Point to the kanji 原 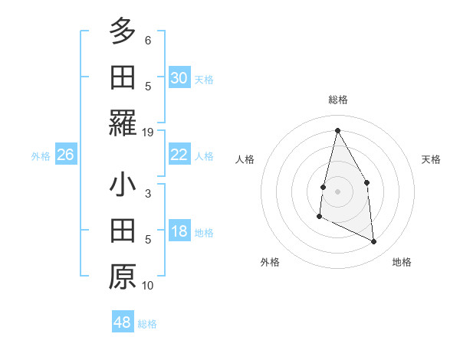pyautogui.click(x=123, y=277)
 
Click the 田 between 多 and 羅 pyautogui.click(x=123, y=77)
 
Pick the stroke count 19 pyautogui.click(x=148, y=132)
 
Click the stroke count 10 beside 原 pyautogui.click(x=148, y=286)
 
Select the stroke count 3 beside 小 pyautogui.click(x=148, y=194)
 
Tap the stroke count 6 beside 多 pyautogui.click(x=148, y=40)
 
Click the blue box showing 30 pyautogui.click(x=179, y=78)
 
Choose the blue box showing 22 pyautogui.click(x=179, y=155)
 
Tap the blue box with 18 pyautogui.click(x=179, y=232)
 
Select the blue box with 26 pyautogui.click(x=65, y=155)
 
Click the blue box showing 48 pyautogui.click(x=123, y=322)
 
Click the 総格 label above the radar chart pyautogui.click(x=337, y=100)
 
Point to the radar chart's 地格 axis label pyautogui.click(x=402, y=262)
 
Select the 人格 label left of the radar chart pyautogui.click(x=245, y=159)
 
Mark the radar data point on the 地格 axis pyautogui.click(x=374, y=242)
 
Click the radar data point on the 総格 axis pyautogui.click(x=337, y=130)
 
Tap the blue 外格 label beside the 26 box pyautogui.click(x=41, y=155)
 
